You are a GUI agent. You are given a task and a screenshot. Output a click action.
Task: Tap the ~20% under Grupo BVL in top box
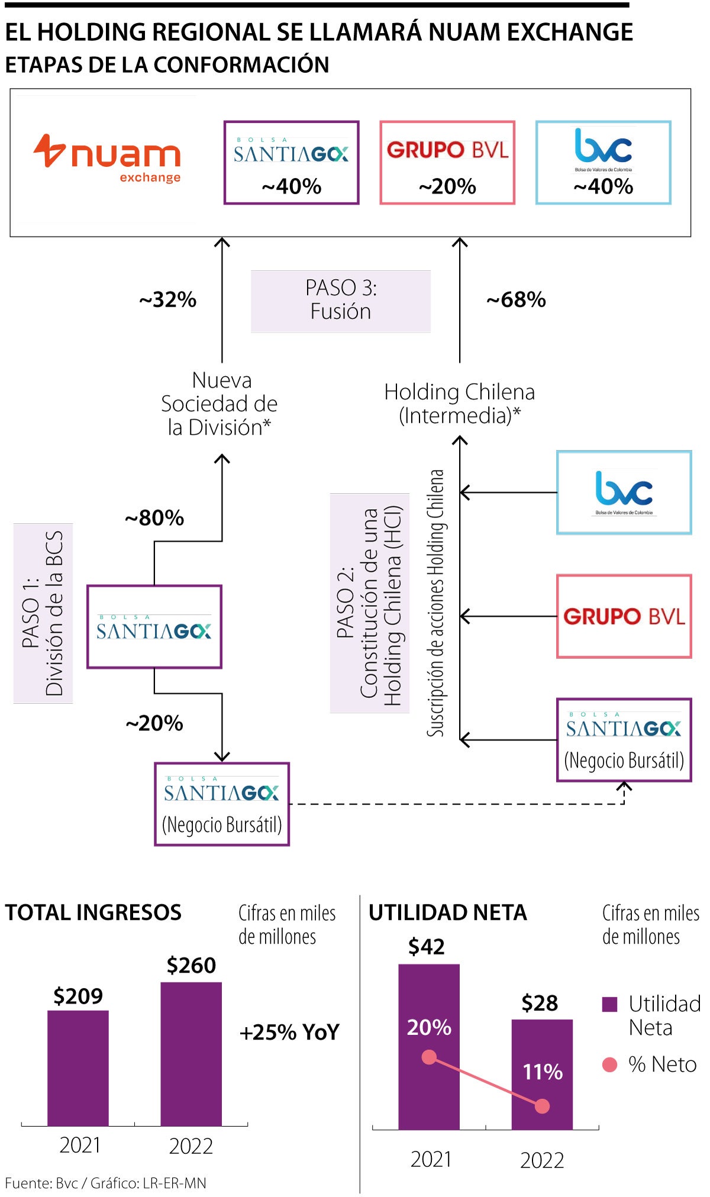pyautogui.click(x=447, y=187)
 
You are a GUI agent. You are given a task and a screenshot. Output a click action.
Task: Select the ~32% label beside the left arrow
pyautogui.click(x=168, y=300)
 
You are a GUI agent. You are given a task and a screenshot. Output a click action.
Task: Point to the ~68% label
pyautogui.click(x=516, y=300)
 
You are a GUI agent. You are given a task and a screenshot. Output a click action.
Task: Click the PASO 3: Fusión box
pyautogui.click(x=341, y=300)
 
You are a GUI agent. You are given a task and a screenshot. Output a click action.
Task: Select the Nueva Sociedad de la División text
pyautogui.click(x=220, y=404)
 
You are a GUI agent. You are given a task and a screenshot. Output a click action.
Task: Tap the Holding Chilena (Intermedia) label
pyautogui.click(x=460, y=404)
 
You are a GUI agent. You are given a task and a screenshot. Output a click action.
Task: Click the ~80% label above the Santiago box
pyautogui.click(x=154, y=518)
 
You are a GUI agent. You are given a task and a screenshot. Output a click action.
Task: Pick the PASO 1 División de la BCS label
pyautogui.click(x=43, y=613)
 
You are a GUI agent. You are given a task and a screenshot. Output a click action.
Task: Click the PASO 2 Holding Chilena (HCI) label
pyautogui.click(x=370, y=603)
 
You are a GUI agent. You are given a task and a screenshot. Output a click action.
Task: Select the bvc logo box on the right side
pyautogui.click(x=624, y=493)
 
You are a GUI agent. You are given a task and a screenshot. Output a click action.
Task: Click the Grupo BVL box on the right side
pyautogui.click(x=624, y=616)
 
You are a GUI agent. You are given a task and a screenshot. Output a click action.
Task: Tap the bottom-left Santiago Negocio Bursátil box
pyautogui.click(x=222, y=804)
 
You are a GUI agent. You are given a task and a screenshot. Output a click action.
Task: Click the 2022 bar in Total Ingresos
pyautogui.click(x=191, y=1054)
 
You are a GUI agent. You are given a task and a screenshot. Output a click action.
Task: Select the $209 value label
pyautogui.click(x=78, y=997)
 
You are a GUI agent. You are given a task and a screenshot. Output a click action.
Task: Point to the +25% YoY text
pyautogui.click(x=289, y=1033)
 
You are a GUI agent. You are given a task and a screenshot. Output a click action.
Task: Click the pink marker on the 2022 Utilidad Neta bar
pyautogui.click(x=542, y=1106)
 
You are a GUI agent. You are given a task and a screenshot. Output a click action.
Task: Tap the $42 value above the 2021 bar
pyautogui.click(x=427, y=947)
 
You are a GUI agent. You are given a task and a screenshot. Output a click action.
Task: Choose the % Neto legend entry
pyautogui.click(x=650, y=1065)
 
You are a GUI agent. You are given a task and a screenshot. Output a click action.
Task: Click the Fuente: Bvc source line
pyautogui.click(x=106, y=1183)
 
